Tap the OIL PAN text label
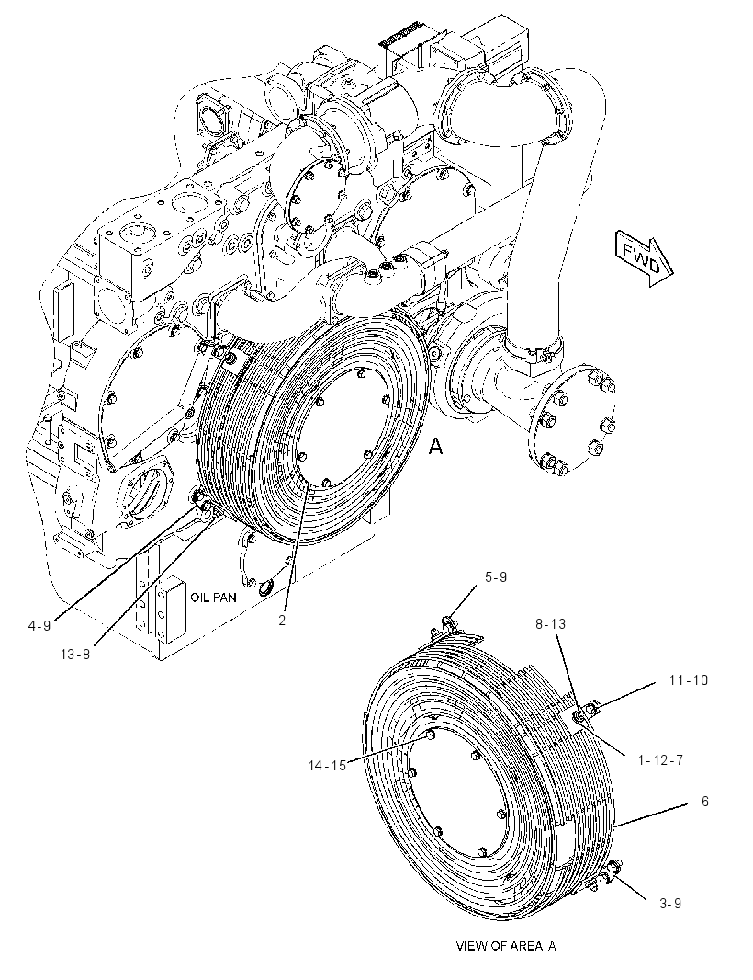214,598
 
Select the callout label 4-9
39,625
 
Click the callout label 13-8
75,655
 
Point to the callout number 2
282,621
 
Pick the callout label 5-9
496,576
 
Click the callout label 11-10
689,679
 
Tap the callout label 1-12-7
660,760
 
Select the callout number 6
705,802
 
